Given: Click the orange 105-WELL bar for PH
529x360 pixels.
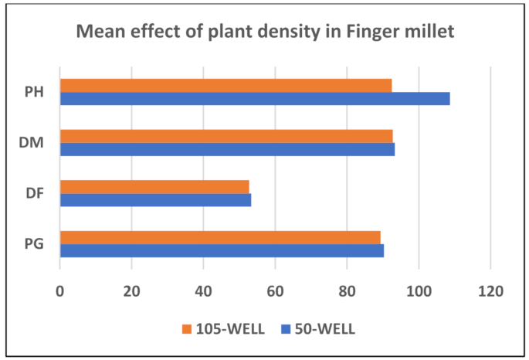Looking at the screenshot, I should [226, 85].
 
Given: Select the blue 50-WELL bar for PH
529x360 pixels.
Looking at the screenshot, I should [255, 99].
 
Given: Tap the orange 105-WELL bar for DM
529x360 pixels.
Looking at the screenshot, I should [226, 136].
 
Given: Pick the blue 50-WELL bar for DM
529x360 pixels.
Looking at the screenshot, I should [227, 149].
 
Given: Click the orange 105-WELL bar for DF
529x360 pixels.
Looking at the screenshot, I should [154, 186].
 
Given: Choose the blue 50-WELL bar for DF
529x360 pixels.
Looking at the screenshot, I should [155, 200].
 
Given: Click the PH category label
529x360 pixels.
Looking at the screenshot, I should [33, 92].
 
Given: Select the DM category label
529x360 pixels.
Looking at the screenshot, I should [33, 143].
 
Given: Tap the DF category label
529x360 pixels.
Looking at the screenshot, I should [33, 193].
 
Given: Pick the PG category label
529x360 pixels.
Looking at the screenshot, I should [33, 244].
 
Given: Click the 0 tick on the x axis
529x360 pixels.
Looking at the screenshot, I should [60, 291].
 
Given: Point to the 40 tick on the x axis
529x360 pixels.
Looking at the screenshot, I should [203, 291].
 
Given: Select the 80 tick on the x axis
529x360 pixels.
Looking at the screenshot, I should [347, 291].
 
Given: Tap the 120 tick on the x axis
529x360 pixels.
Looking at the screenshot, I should [490, 291].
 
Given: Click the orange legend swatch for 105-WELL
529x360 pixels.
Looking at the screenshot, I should [185, 329].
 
